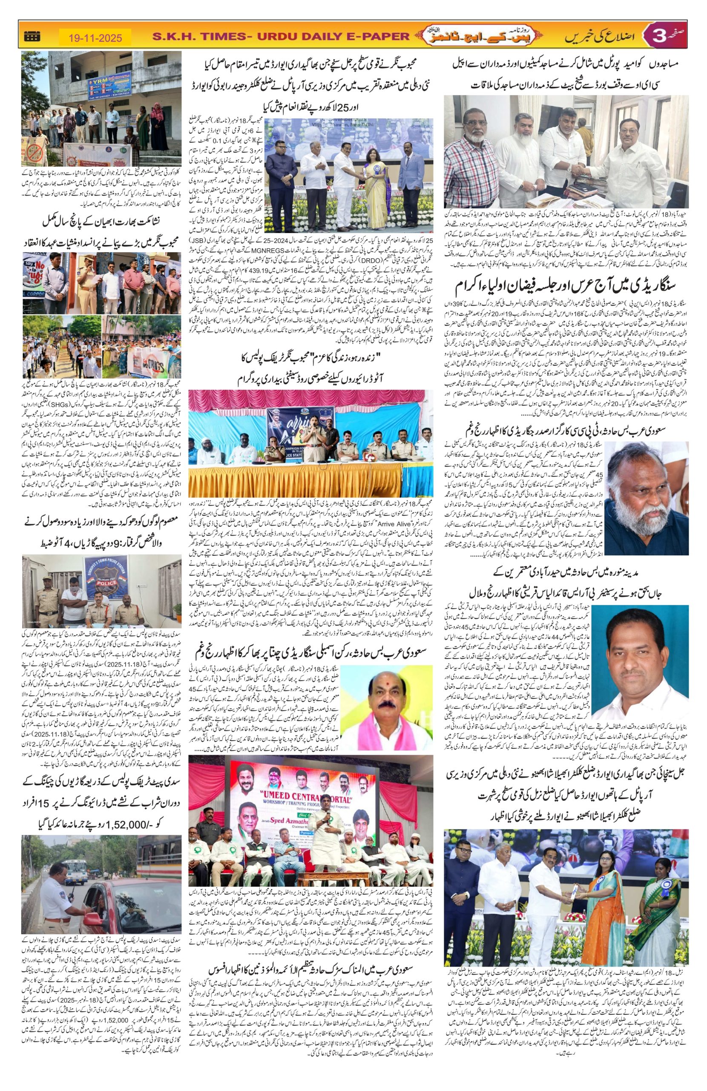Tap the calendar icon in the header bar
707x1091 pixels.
pos(32,36)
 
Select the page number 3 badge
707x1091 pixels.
pos(657,36)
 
